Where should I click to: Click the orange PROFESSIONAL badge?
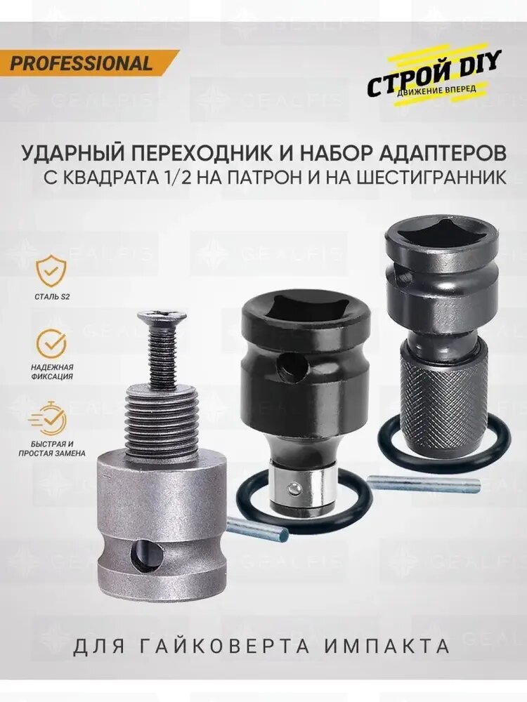coord(83,63)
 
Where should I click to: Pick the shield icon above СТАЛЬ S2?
coord(53,270)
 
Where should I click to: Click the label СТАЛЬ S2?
coord(53,297)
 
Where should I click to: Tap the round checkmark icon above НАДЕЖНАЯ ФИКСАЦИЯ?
coord(53,343)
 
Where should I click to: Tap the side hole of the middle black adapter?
coord(287,366)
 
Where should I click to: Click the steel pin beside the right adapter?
coord(424,484)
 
